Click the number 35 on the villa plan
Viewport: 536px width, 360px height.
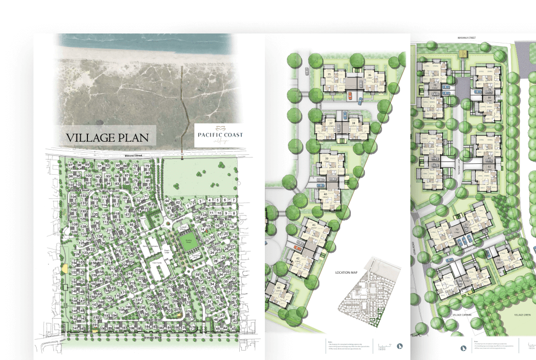(x=329, y=74)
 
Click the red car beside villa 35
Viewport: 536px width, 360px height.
(x=350, y=95)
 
